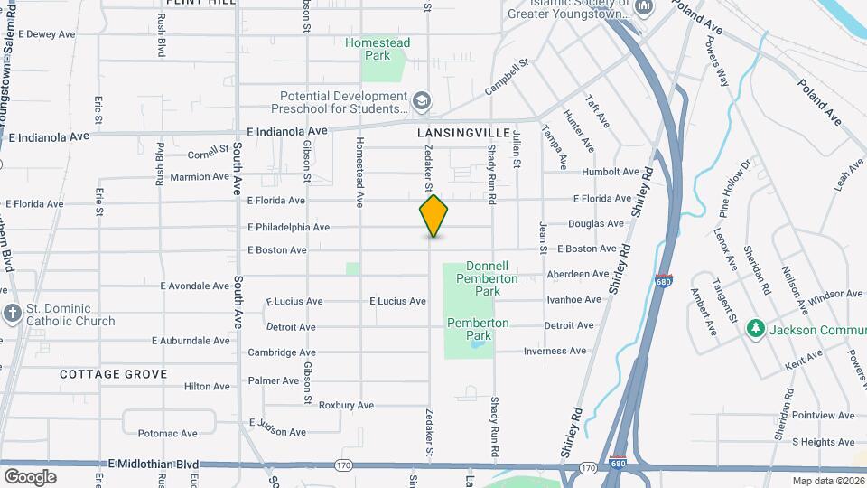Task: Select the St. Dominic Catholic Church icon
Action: [12, 314]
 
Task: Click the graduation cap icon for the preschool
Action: [421, 100]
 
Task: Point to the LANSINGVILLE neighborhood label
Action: [456, 132]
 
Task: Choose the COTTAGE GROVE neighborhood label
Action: [114, 373]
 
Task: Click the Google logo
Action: [30, 476]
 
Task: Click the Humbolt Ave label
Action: [611, 171]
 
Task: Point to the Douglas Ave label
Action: [596, 223]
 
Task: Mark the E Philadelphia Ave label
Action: [288, 227]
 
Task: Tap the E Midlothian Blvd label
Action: [154, 463]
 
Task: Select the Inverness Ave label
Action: [554, 351]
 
